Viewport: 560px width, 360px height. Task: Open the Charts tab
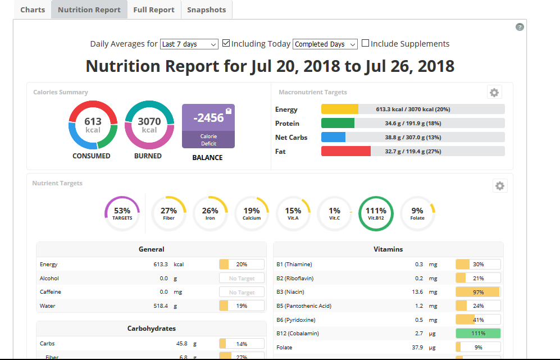[x=33, y=10]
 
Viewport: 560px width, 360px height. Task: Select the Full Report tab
[x=154, y=10]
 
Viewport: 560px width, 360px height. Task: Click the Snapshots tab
[x=207, y=10]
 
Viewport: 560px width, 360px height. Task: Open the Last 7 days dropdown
[x=189, y=44]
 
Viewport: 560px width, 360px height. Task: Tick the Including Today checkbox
[x=226, y=43]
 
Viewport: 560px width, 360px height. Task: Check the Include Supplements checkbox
[x=365, y=43]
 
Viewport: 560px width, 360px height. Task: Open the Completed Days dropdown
[x=325, y=44]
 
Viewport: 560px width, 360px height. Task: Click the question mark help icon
[x=520, y=27]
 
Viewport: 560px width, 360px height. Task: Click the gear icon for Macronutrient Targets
[x=494, y=93]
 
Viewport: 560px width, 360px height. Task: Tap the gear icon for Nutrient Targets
[x=500, y=186]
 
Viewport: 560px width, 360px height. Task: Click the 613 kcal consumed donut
[x=93, y=103]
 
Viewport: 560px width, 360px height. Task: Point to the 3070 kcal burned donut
[x=149, y=103]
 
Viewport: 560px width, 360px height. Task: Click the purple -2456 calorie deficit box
[x=208, y=126]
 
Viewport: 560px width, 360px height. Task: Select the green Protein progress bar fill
[x=338, y=123]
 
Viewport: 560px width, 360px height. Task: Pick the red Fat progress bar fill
[x=346, y=151]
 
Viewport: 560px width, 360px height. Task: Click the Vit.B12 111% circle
[x=376, y=197]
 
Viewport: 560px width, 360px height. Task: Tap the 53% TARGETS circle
[x=122, y=197]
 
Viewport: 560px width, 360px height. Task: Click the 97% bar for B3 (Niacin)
[x=478, y=292]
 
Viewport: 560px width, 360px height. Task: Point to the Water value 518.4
[x=160, y=306]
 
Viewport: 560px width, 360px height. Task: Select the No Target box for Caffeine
[x=242, y=292]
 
